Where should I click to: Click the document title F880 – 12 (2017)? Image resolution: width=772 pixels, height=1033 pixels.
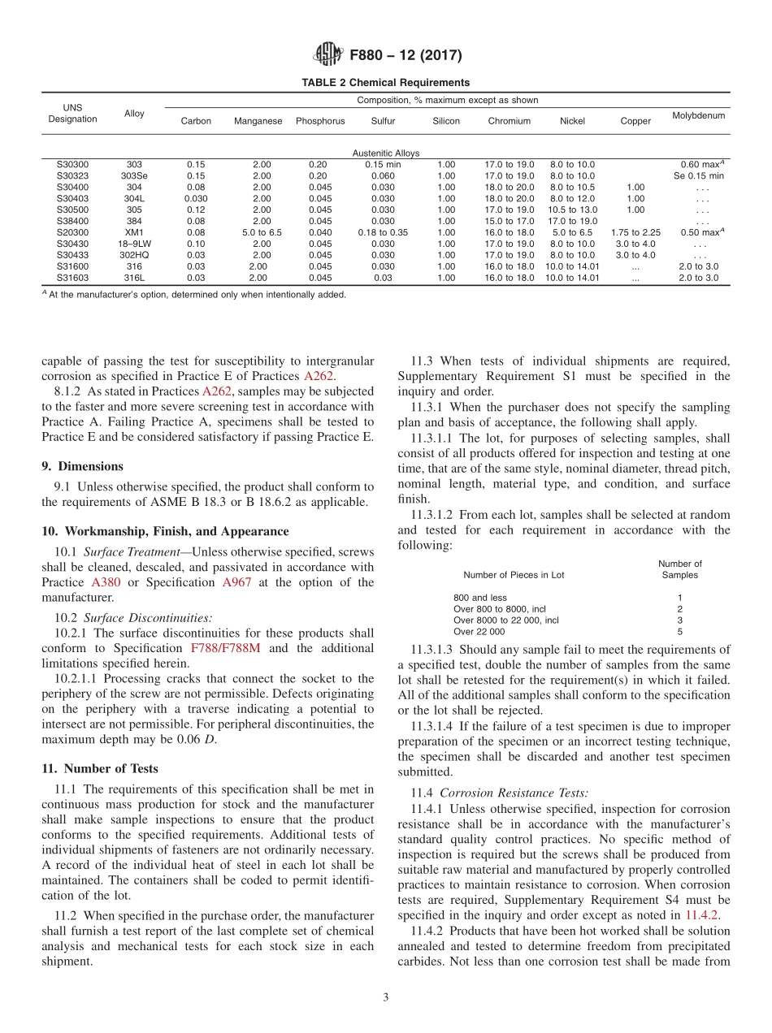(405, 56)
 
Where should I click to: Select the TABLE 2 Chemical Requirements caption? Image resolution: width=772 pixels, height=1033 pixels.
(385, 83)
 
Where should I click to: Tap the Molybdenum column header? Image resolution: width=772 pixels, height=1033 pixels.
(698, 115)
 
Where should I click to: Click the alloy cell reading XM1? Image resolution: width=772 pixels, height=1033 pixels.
(134, 232)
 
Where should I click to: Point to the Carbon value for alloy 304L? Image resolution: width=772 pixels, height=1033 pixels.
(195, 198)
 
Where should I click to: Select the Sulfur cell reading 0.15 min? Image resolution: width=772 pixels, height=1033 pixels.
(383, 164)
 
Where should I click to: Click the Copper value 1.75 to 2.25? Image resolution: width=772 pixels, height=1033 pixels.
(635, 232)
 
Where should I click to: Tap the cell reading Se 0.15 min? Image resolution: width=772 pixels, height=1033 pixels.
(698, 175)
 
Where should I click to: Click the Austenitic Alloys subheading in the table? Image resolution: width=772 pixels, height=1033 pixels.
(385, 153)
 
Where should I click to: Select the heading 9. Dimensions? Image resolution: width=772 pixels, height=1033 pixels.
(82, 466)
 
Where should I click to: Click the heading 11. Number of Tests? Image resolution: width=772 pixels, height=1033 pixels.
(100, 768)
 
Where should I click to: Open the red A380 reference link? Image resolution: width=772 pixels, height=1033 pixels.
(105, 582)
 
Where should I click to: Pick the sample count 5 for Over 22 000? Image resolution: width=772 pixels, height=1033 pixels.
(679, 631)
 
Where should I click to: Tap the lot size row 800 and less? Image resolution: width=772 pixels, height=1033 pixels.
(479, 597)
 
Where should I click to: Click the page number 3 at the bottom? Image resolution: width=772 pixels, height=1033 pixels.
(385, 997)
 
